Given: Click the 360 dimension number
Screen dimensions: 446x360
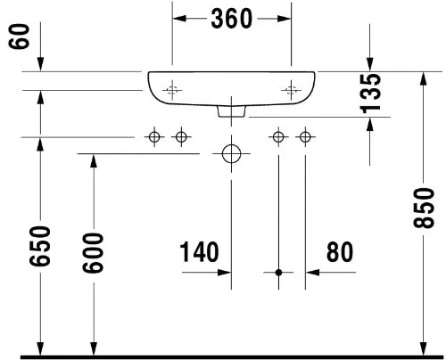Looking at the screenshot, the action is (232, 19).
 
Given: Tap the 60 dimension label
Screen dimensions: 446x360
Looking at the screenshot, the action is (20, 37).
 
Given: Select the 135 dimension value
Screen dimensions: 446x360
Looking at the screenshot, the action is (370, 94).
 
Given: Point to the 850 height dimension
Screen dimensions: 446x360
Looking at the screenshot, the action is (424, 208).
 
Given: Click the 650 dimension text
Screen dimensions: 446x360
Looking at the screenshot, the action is (40, 246).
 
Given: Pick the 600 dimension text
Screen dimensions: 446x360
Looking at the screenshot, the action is (93, 253).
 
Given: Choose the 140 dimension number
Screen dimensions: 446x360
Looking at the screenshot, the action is (199, 252).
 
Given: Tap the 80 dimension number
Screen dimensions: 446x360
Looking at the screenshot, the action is (340, 252).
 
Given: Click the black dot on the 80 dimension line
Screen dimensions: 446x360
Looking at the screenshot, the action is (278, 272).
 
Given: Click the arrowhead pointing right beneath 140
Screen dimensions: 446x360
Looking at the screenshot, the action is (225, 272).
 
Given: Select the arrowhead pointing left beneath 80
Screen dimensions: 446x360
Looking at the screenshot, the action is (312, 272).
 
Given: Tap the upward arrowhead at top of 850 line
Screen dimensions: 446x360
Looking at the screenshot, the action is (424, 79).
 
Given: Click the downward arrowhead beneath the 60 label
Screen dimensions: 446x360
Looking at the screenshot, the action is (40, 64).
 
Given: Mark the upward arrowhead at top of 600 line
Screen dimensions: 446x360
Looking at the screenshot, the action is (94, 161).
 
